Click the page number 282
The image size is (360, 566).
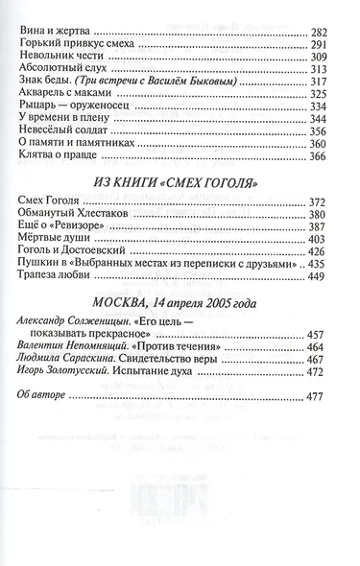[x=326, y=32]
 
